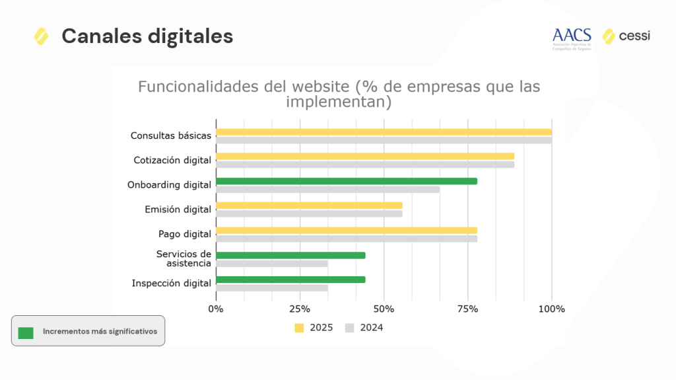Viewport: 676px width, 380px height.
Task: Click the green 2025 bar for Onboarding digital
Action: click(x=346, y=181)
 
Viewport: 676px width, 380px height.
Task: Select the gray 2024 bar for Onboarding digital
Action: click(x=327, y=190)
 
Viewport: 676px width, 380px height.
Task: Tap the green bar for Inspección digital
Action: click(x=290, y=280)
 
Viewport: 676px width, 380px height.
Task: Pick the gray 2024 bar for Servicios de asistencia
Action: click(x=272, y=264)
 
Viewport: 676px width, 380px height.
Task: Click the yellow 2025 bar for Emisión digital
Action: click(x=309, y=206)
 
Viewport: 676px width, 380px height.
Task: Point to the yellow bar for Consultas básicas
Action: click(x=384, y=132)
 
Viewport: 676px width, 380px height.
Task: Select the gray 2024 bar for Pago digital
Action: click(x=346, y=239)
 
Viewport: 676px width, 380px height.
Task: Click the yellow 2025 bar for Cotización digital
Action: click(x=365, y=156)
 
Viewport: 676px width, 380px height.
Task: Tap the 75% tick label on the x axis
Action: click(x=467, y=309)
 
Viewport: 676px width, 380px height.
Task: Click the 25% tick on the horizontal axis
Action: click(x=300, y=309)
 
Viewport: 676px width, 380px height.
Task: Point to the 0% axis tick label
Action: click(x=216, y=309)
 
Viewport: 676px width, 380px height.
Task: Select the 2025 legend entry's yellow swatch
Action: click(x=299, y=328)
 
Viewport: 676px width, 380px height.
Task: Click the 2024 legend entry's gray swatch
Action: click(x=350, y=328)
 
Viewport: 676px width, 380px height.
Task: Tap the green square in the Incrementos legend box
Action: click(x=26, y=332)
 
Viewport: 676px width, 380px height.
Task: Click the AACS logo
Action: click(x=572, y=38)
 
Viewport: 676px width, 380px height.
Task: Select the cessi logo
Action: click(x=626, y=36)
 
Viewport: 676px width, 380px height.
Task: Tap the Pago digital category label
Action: click(x=185, y=234)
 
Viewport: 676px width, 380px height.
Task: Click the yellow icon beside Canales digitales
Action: click(x=41, y=36)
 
